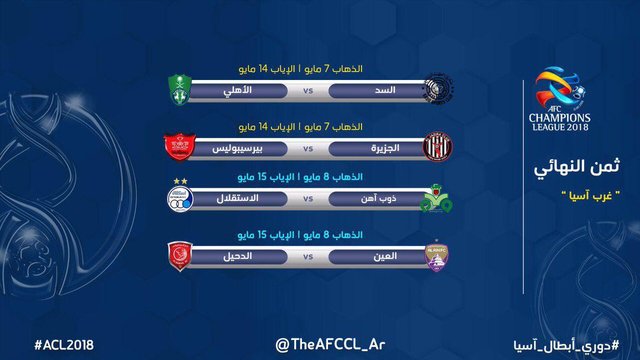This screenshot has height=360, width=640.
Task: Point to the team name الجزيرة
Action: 384,147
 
